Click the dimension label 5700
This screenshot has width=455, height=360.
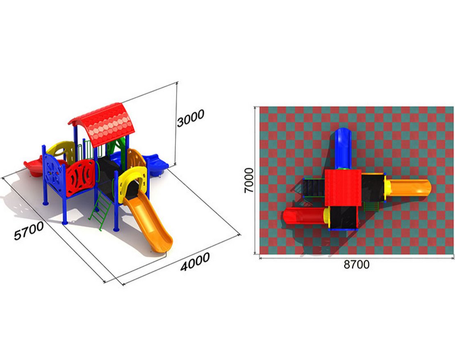(x=29, y=231)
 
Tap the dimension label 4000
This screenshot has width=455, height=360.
(x=195, y=262)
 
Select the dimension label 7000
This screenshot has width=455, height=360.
(x=249, y=180)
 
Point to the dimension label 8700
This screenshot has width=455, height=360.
(x=357, y=264)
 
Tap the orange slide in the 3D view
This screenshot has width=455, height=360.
(x=150, y=222)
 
